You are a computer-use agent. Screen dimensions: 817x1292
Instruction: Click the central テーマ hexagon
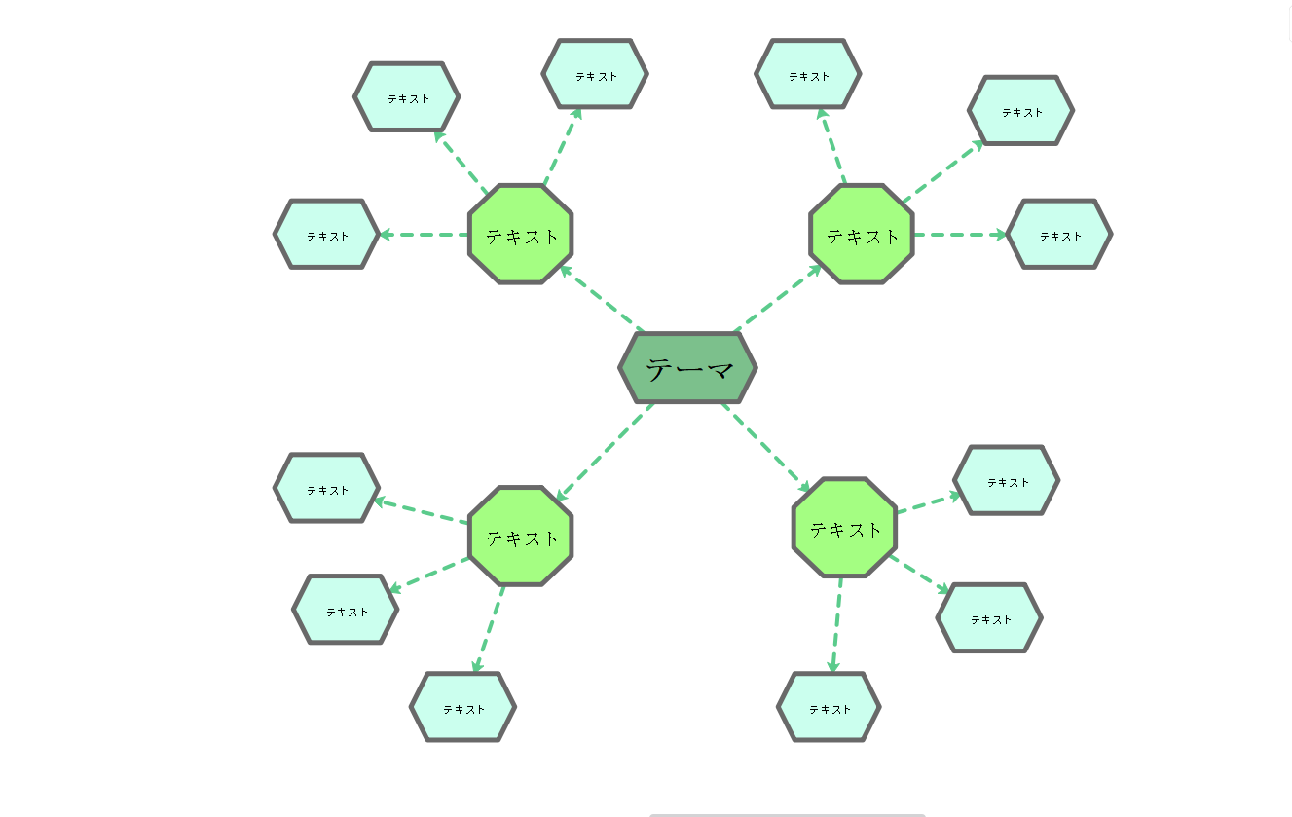pyautogui.click(x=687, y=368)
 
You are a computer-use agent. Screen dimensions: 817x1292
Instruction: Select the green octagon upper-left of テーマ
pyautogui.click(x=521, y=235)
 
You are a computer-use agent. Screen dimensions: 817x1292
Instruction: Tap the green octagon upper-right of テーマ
pyautogui.click(x=862, y=235)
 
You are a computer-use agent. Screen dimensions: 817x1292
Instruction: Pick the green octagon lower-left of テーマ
pyautogui.click(x=521, y=537)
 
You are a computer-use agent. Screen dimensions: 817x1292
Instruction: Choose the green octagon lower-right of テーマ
pyautogui.click(x=845, y=528)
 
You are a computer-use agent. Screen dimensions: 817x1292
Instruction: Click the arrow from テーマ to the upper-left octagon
pyautogui.click(x=601, y=299)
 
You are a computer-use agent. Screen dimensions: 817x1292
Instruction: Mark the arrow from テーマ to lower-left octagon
pyautogui.click(x=604, y=453)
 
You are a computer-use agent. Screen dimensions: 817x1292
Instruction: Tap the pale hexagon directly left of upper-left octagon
pyautogui.click(x=326, y=235)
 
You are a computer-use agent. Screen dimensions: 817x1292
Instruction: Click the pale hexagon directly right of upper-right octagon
pyautogui.click(x=1059, y=235)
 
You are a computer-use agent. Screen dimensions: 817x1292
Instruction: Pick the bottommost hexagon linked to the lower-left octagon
pyautogui.click(x=462, y=707)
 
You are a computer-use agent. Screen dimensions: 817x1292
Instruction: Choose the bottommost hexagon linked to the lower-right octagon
pyautogui.click(x=829, y=707)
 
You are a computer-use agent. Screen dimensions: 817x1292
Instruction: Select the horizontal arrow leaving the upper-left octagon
pyautogui.click(x=424, y=235)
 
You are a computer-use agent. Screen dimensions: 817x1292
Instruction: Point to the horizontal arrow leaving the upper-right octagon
pyautogui.click(x=960, y=235)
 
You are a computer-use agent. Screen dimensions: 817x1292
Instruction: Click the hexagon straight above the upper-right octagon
pyautogui.click(x=808, y=74)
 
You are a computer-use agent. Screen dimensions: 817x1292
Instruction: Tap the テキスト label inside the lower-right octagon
pyautogui.click(x=845, y=530)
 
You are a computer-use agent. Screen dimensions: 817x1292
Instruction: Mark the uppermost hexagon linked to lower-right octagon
pyautogui.click(x=1007, y=481)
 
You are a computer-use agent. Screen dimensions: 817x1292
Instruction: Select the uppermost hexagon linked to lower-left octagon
pyautogui.click(x=326, y=489)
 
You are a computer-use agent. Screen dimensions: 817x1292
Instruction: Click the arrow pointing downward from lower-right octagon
pyautogui.click(x=836, y=624)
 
